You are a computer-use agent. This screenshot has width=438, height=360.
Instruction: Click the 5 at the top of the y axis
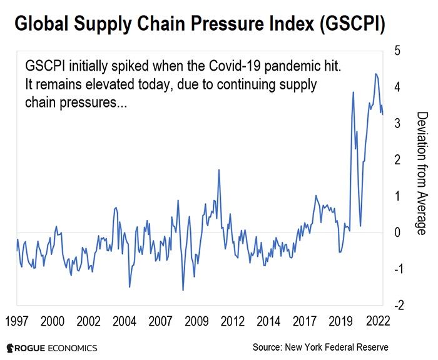(x=399, y=50)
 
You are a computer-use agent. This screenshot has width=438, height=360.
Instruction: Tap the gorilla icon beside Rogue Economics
(x=11, y=347)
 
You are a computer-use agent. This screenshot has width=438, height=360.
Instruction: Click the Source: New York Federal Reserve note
(x=320, y=347)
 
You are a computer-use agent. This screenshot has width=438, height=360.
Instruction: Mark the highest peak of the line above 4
(x=375, y=74)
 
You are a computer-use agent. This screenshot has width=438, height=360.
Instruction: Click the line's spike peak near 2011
(x=219, y=169)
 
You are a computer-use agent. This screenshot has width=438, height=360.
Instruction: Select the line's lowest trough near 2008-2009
(x=183, y=290)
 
